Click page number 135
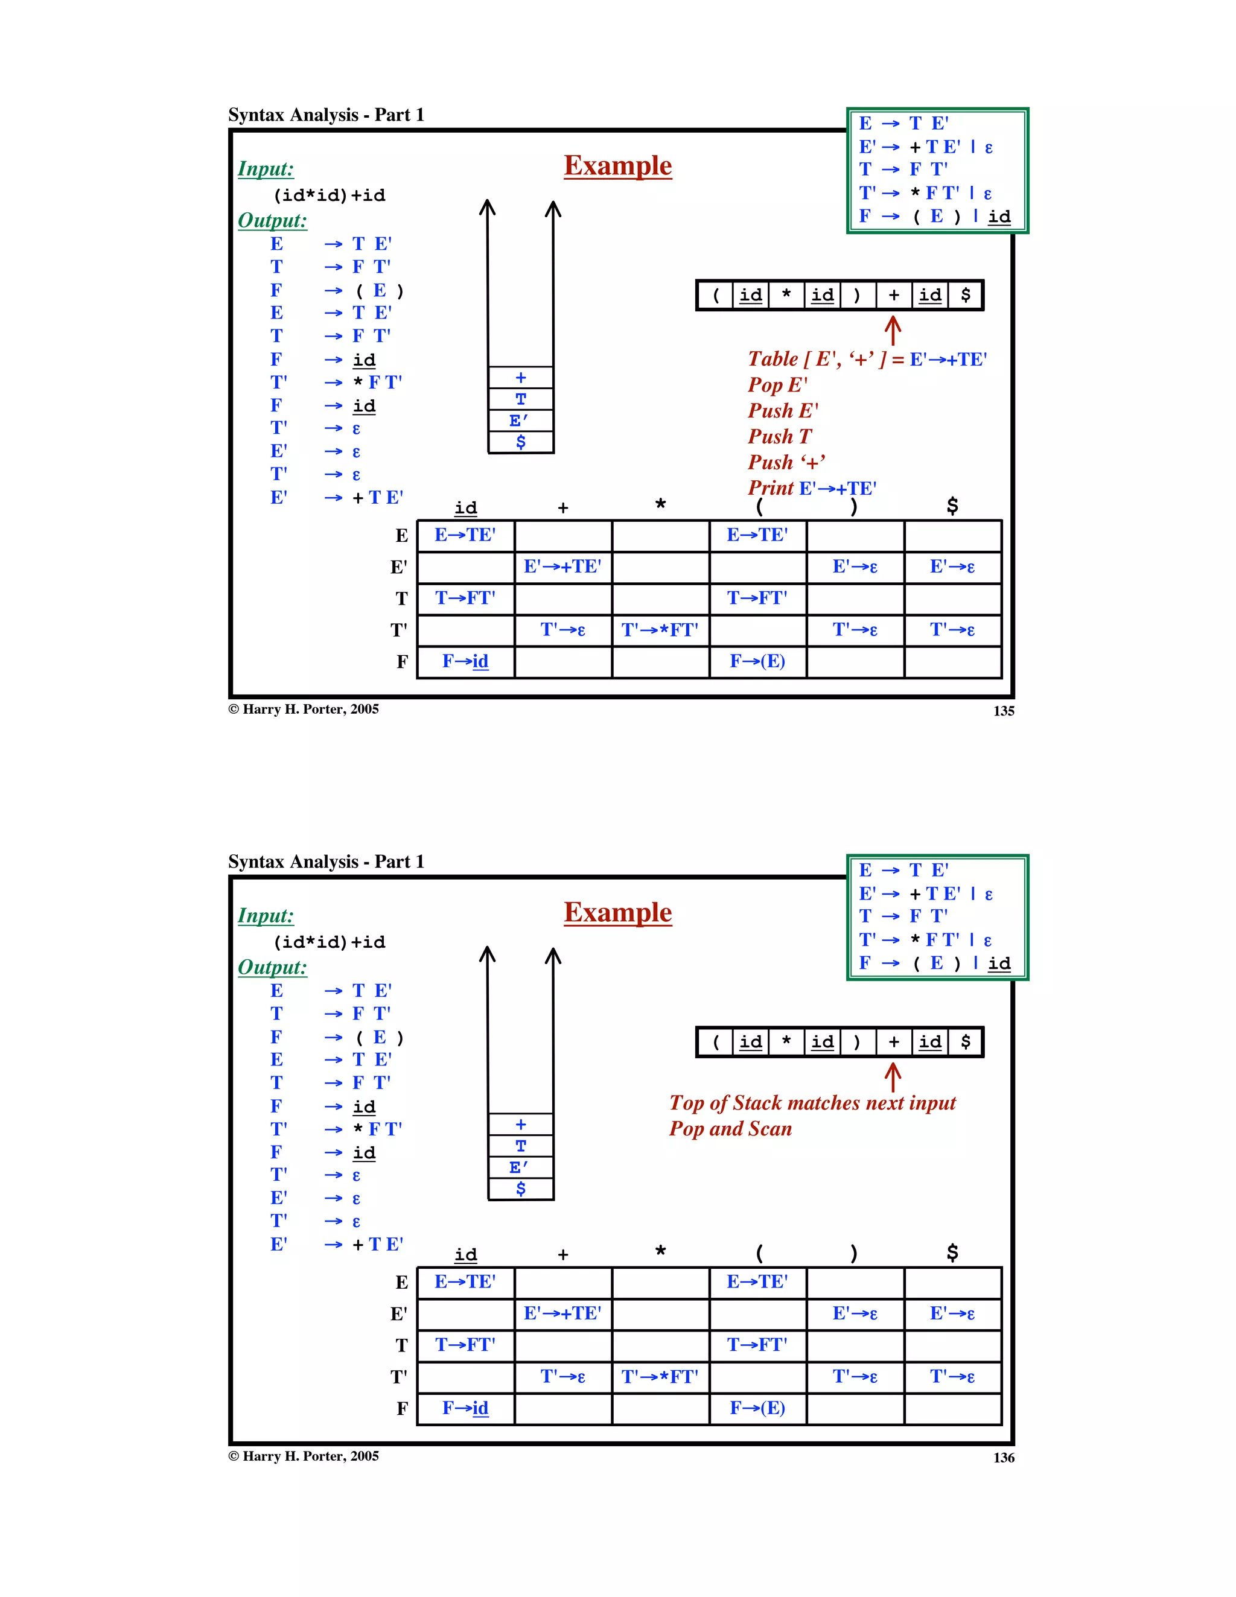click(1004, 711)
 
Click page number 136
click(1004, 1458)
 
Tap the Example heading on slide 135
click(617, 166)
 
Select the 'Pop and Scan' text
click(730, 1129)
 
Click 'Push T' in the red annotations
click(779, 437)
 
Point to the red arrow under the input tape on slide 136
click(892, 1077)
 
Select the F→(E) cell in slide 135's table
click(757, 662)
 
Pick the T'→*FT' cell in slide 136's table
click(660, 1377)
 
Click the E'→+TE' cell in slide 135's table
click(562, 567)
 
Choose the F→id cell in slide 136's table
click(465, 1408)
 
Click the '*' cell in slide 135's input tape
click(786, 296)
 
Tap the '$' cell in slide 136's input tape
click(966, 1042)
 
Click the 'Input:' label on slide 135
click(266, 169)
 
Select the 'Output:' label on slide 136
click(272, 967)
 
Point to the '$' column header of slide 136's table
click(952, 1253)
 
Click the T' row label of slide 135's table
click(398, 630)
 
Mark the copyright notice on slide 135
click(304, 710)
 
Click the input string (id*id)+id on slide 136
click(329, 942)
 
